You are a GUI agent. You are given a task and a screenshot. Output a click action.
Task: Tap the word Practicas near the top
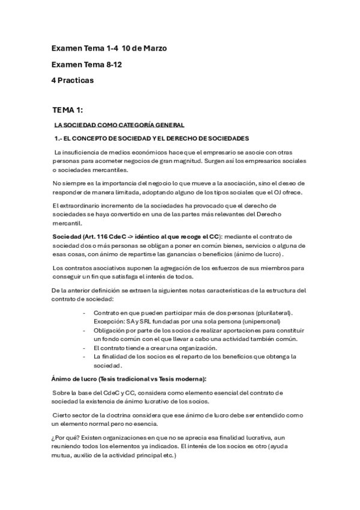pos(77,80)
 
